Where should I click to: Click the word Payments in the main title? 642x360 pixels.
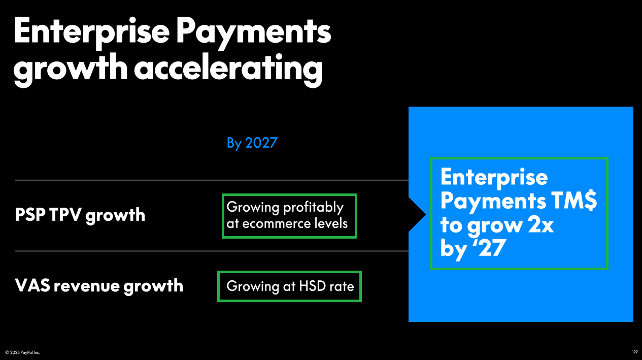[x=254, y=33]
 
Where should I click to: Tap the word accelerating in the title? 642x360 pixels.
[x=228, y=69]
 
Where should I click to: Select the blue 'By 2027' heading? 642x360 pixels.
[x=252, y=143]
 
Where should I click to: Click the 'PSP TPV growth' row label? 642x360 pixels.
[x=80, y=215]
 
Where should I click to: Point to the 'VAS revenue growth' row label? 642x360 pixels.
[x=99, y=286]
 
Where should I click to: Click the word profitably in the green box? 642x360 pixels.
[x=313, y=207]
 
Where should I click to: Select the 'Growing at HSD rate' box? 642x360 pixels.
[x=289, y=286]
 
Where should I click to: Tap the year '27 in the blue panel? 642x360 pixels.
[x=489, y=248]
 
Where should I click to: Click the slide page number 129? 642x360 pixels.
[x=634, y=352]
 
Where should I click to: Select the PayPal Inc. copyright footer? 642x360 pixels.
[x=22, y=352]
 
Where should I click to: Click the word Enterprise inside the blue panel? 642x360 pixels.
[x=494, y=178]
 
